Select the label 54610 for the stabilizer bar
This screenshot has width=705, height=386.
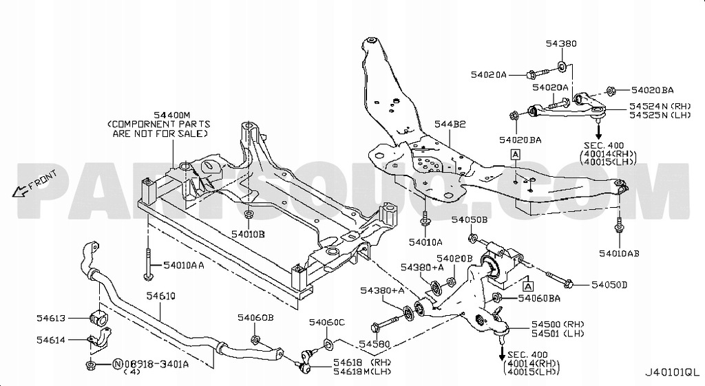pos(160,296)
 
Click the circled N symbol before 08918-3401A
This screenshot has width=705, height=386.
pos(117,365)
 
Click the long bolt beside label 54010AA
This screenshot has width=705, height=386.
pos(148,265)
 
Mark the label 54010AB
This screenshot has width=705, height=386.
pos(618,253)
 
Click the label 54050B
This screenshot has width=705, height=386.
pos(469,219)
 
